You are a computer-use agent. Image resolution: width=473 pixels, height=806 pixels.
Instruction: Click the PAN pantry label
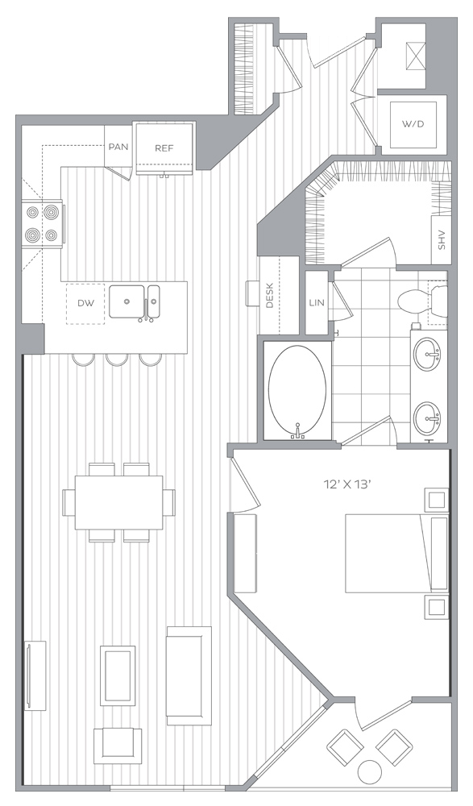[118, 147]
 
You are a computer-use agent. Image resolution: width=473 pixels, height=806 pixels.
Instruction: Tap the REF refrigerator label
[164, 148]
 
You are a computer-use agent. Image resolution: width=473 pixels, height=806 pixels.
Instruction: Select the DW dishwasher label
[86, 303]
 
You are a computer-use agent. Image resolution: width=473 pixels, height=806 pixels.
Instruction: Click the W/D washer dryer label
[413, 124]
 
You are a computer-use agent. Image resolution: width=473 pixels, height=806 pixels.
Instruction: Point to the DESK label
[270, 296]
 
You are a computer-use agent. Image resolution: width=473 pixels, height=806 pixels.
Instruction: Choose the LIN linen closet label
[317, 303]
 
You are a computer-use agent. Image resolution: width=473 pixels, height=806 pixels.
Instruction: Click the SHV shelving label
[441, 239]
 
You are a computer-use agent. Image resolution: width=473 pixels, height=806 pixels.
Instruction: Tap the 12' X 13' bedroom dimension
[347, 484]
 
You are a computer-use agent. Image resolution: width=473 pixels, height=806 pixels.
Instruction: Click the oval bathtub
[297, 391]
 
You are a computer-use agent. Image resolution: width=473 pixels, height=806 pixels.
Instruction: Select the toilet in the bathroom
[422, 301]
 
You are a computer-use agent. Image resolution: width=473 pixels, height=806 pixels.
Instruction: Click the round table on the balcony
[370, 771]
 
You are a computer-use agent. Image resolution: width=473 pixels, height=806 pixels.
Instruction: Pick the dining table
[118, 502]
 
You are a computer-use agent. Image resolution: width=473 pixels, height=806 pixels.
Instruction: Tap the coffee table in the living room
[118, 675]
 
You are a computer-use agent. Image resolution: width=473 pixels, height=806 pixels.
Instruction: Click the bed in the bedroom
[396, 553]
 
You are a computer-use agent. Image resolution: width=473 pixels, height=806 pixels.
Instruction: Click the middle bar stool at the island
[117, 359]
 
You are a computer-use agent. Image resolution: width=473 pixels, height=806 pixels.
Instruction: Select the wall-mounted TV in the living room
[35, 675]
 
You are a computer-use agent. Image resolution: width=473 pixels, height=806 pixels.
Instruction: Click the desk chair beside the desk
[253, 293]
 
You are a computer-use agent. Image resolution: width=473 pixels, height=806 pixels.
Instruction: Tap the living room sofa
[189, 675]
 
